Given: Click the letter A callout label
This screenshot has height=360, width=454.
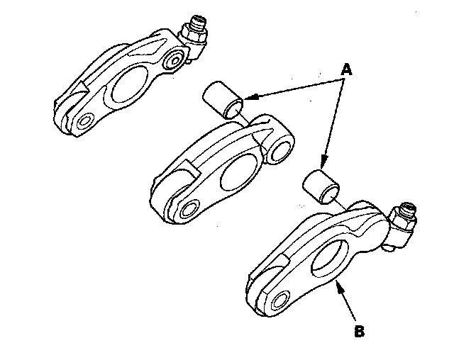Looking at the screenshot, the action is tap(346, 69).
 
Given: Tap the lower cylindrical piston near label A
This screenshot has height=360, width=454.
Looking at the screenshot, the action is tap(321, 185).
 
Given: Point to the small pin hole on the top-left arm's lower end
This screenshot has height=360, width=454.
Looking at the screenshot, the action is tap(84, 120).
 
